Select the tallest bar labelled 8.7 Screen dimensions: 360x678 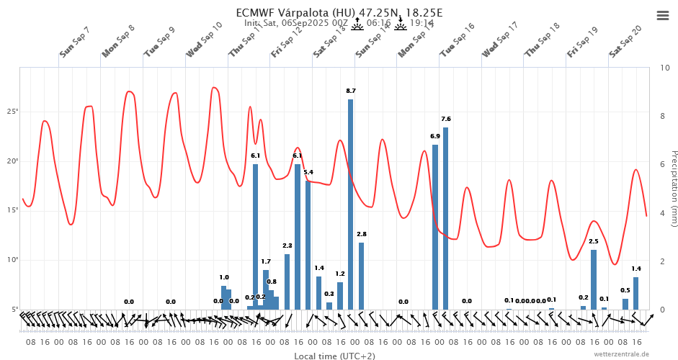pyautogui.click(x=350, y=204)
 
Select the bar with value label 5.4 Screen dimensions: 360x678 pyautogui.click(x=308, y=245)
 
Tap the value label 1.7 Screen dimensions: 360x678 pyautogui.click(x=266, y=261)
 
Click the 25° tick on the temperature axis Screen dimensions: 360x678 pyautogui.click(x=13, y=112)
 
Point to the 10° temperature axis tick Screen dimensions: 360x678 pyautogui.click(x=13, y=260)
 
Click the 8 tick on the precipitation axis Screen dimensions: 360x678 pyautogui.click(x=663, y=116)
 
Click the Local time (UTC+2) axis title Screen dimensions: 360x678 pyautogui.click(x=334, y=356)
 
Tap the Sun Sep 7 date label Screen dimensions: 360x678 pyautogui.click(x=75, y=43)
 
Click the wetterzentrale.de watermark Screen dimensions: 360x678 pyautogui.click(x=621, y=354)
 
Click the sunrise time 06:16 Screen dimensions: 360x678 pyautogui.click(x=378, y=23)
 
